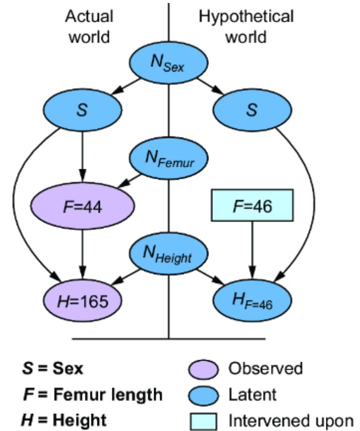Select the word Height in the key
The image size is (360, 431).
[x=80, y=420]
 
